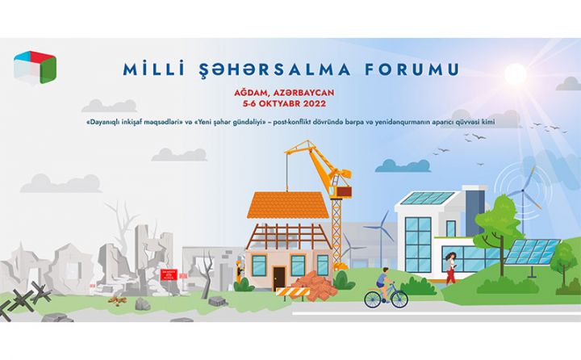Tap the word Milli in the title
153,69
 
